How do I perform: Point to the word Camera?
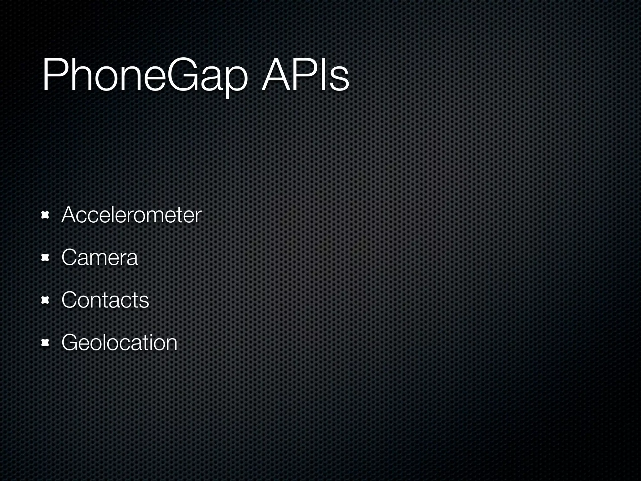click(x=100, y=257)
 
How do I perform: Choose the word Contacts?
click(x=105, y=300)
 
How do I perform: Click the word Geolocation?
click(x=119, y=342)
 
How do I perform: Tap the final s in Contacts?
click(x=144, y=302)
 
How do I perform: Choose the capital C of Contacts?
click(x=69, y=300)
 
